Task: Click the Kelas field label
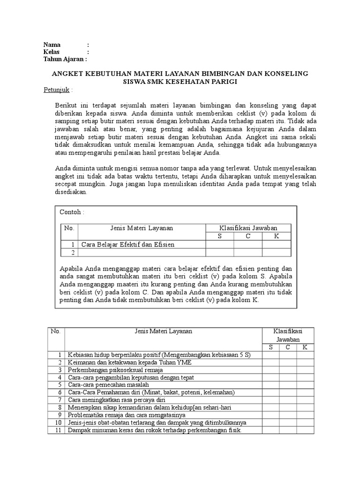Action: click(x=52, y=52)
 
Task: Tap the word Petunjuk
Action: click(x=56, y=90)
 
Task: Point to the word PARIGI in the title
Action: click(x=225, y=82)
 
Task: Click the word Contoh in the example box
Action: click(x=70, y=212)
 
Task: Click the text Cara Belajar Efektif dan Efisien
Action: click(x=128, y=244)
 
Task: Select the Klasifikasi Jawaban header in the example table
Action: click(x=248, y=228)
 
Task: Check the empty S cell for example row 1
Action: click(x=219, y=244)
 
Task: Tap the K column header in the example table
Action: click(x=276, y=236)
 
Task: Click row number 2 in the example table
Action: click(x=72, y=253)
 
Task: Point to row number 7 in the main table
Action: click(x=59, y=400)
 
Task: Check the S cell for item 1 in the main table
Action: click(x=270, y=355)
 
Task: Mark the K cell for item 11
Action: click(x=305, y=430)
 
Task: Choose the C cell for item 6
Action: click(x=288, y=392)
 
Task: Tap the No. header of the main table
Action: click(x=56, y=331)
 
